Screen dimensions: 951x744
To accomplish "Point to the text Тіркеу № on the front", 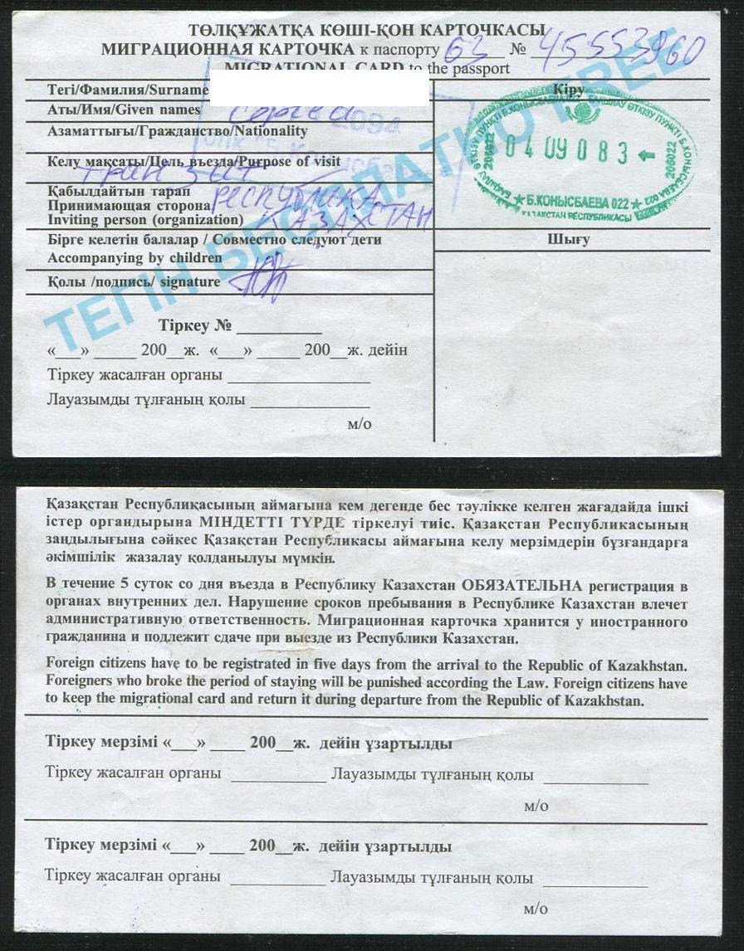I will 196,325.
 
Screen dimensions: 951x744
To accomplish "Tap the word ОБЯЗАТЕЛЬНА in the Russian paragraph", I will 521,587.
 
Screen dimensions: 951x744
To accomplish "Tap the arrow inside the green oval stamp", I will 649,155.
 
